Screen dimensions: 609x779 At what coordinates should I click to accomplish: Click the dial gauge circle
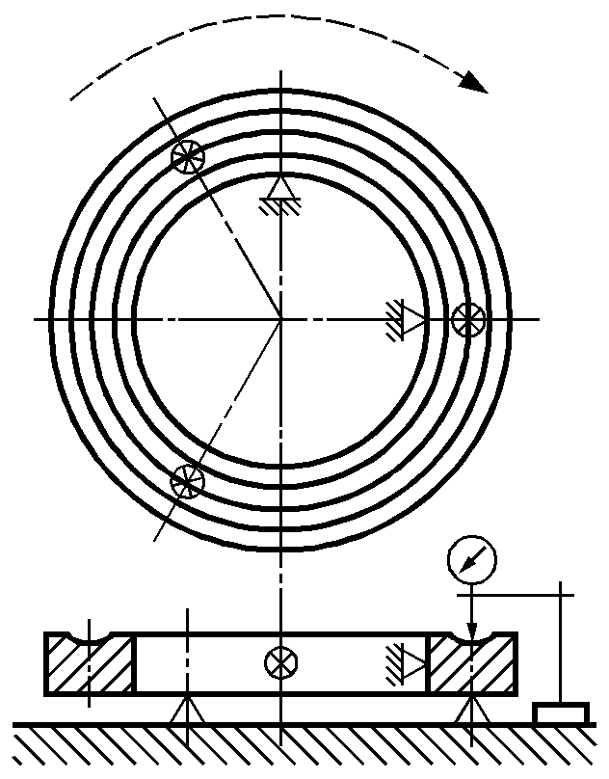click(471, 559)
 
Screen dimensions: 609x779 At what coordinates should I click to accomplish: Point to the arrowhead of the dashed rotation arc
click(474, 82)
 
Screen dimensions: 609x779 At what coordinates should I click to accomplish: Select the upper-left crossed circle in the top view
click(188, 154)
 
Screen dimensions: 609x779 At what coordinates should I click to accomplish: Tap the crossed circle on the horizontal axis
click(469, 317)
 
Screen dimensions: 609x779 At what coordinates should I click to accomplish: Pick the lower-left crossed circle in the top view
click(187, 479)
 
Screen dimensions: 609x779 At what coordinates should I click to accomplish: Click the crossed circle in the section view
click(280, 662)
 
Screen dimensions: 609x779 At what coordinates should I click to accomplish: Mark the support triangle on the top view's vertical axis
click(280, 188)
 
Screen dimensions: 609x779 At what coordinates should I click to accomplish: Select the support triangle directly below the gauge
click(471, 712)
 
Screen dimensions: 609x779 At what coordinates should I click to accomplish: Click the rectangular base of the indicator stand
click(560, 712)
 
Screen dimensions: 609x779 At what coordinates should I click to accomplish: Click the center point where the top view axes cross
click(280, 318)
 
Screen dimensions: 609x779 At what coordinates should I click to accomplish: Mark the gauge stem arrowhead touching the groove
click(471, 631)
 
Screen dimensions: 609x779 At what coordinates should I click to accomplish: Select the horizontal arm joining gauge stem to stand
click(516, 595)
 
